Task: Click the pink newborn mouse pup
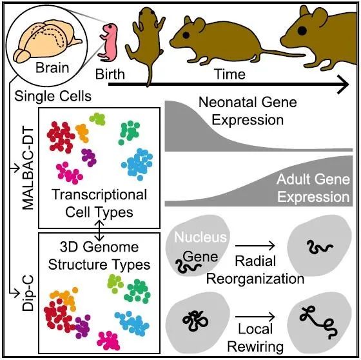(x=108, y=43)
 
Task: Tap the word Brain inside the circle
(x=52, y=68)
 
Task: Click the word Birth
(x=110, y=74)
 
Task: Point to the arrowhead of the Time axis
(x=344, y=85)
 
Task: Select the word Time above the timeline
(x=230, y=74)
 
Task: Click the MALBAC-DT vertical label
(x=28, y=169)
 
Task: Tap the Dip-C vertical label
(x=28, y=293)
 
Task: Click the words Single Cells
(x=53, y=96)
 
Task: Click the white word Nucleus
(x=200, y=237)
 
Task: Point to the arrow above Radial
(x=255, y=246)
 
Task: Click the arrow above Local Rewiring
(x=255, y=317)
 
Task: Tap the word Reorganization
(x=255, y=279)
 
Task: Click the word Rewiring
(x=255, y=347)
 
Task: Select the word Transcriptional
(x=99, y=195)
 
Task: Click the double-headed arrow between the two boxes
(x=99, y=230)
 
